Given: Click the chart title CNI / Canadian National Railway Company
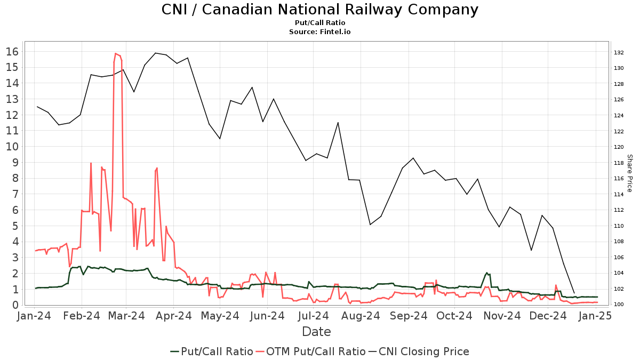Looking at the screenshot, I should click(319, 10).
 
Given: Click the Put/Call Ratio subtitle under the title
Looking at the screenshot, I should click(319, 23).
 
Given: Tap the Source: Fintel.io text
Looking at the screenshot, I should click(319, 32).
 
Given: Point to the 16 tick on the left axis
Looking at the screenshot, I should click(13, 52).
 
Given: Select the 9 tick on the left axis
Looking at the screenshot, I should click(16, 162).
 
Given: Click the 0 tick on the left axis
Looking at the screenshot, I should click(16, 305).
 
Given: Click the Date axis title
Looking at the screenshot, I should click(316, 332).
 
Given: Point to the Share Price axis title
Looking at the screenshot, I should click(629, 173).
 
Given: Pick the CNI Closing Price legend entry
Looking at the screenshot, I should click(423, 351).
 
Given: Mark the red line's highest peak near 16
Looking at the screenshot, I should click(115, 53).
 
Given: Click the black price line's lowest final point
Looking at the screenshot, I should click(574, 293).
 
